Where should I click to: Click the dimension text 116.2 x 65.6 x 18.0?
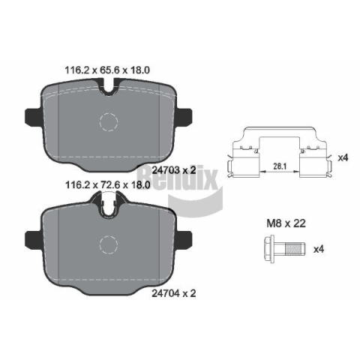pos(107,70)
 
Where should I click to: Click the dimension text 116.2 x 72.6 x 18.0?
pos(107,185)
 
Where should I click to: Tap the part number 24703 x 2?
pos(174,170)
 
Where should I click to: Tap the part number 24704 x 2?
pos(174,293)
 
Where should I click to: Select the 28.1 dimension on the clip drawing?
pos(280,166)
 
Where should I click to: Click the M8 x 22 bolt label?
pos(286,223)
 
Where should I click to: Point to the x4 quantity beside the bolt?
pos(319,249)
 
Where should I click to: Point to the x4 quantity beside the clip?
pos(343,157)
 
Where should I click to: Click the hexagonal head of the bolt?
pos(269,250)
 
